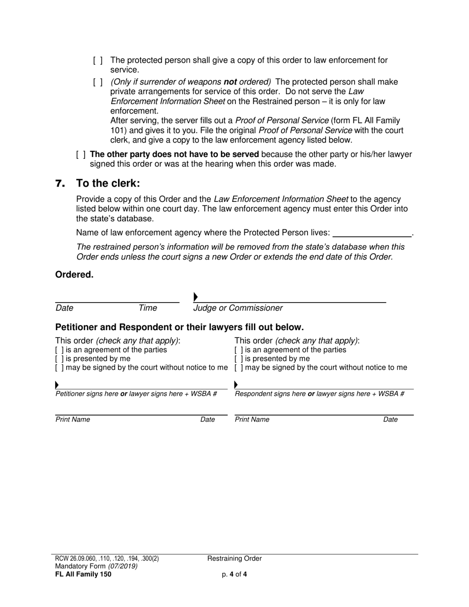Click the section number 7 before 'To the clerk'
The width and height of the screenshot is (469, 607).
coord(60,184)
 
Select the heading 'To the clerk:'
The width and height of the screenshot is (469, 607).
coord(108,183)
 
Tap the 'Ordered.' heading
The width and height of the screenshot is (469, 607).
coord(74,275)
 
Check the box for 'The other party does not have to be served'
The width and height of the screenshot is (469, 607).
coord(81,154)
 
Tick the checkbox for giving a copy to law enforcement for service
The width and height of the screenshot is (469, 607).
coord(98,61)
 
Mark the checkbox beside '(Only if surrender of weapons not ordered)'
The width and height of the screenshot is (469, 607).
coord(98,82)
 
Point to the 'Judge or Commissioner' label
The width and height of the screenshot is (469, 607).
coord(238,308)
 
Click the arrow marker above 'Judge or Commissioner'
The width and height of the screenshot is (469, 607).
coord(195,297)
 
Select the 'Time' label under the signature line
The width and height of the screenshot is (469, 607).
coord(148,308)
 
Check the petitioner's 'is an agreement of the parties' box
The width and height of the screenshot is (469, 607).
coord(59,350)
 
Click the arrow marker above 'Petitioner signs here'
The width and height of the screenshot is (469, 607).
coord(57,385)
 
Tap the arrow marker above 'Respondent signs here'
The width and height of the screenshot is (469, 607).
coord(236,385)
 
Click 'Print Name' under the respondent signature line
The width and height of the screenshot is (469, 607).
coord(252,420)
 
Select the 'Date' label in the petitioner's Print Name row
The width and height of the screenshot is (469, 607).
coord(207,420)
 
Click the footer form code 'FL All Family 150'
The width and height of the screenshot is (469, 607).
coord(83,574)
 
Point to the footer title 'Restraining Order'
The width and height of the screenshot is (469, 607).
coord(234,559)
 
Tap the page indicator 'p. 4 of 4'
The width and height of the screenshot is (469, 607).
coord(234,574)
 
